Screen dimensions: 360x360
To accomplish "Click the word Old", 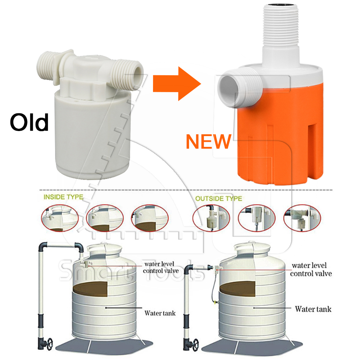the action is [x=29, y=122].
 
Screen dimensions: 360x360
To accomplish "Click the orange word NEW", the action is [x=208, y=141].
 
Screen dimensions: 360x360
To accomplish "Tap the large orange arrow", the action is [x=177, y=84].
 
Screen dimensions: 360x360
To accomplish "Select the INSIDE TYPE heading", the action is [x=63, y=197].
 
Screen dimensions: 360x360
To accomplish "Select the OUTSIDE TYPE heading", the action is [x=219, y=198].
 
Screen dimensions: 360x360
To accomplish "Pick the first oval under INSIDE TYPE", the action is [x=60, y=218].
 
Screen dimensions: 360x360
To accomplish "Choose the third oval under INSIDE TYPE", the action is [x=150, y=218].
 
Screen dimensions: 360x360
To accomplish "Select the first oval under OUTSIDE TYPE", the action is [x=211, y=218].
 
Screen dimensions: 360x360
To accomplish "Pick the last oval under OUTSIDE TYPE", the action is [x=302, y=218].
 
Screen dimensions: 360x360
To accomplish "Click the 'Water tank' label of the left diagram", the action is [x=160, y=313].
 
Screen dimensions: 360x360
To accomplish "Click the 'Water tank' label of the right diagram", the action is [x=313, y=309].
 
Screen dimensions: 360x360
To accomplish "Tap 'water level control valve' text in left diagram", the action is [x=161, y=267].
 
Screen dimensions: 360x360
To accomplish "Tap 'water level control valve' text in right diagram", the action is [x=311, y=270].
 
